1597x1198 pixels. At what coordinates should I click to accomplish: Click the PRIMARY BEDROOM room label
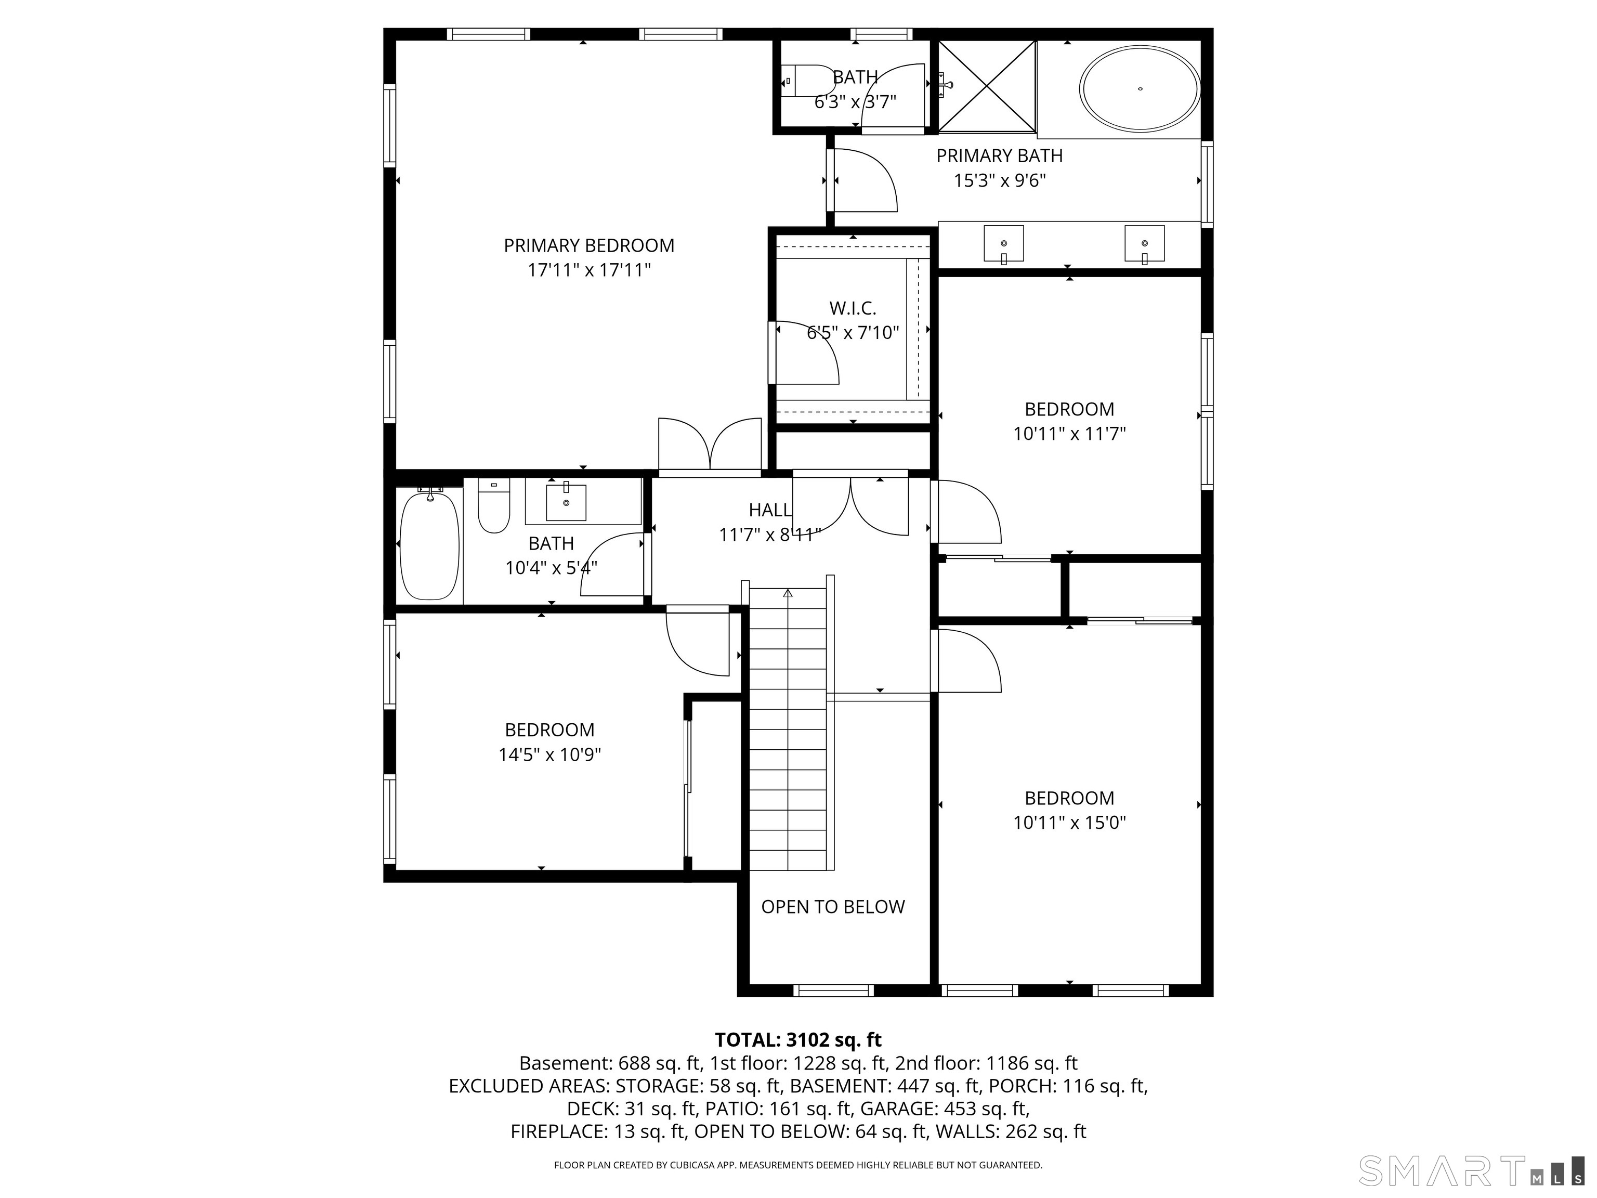(589, 245)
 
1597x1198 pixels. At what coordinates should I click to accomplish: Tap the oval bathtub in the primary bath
(1140, 89)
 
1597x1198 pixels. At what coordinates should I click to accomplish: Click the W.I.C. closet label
(853, 308)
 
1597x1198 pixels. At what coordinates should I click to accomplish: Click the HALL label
(769, 510)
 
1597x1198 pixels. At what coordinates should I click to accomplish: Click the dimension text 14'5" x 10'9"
(550, 754)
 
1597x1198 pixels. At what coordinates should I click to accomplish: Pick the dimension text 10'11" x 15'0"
(1069, 823)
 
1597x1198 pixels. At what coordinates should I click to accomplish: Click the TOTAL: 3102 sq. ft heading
(798, 1040)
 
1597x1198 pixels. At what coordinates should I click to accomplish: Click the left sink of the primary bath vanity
(1003, 244)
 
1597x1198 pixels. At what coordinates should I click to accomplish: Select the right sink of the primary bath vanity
(1144, 244)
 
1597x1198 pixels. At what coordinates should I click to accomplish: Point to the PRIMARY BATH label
(999, 156)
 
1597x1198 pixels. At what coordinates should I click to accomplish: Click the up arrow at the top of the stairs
(788, 594)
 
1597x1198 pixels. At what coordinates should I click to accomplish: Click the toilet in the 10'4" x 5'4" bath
(494, 505)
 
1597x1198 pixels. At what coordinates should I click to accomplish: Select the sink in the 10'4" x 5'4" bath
(566, 500)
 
